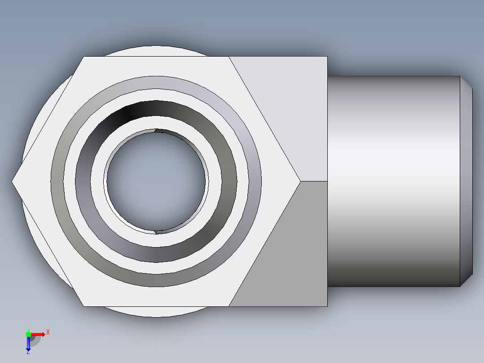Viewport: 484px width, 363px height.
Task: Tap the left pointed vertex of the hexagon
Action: click(12, 181)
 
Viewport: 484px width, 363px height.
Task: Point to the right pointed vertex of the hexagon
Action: click(300, 181)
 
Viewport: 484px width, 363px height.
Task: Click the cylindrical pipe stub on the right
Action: click(393, 181)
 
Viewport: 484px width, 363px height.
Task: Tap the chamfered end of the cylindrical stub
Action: click(466, 181)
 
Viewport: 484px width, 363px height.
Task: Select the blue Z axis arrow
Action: click(28, 344)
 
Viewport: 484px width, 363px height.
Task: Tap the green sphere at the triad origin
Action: click(28, 334)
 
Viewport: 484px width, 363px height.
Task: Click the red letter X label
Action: click(48, 332)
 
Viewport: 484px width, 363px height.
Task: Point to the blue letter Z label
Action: click(28, 353)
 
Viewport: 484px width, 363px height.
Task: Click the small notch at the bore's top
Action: click(155, 131)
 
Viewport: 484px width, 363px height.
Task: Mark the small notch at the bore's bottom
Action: click(155, 232)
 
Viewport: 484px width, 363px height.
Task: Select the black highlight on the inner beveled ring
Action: click(128, 112)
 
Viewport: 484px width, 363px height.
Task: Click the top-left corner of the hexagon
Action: click(84, 57)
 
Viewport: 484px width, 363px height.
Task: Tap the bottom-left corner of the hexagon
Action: click(84, 306)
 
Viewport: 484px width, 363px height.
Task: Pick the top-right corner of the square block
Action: click(327, 57)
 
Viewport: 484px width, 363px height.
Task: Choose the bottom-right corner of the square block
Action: click(327, 306)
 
